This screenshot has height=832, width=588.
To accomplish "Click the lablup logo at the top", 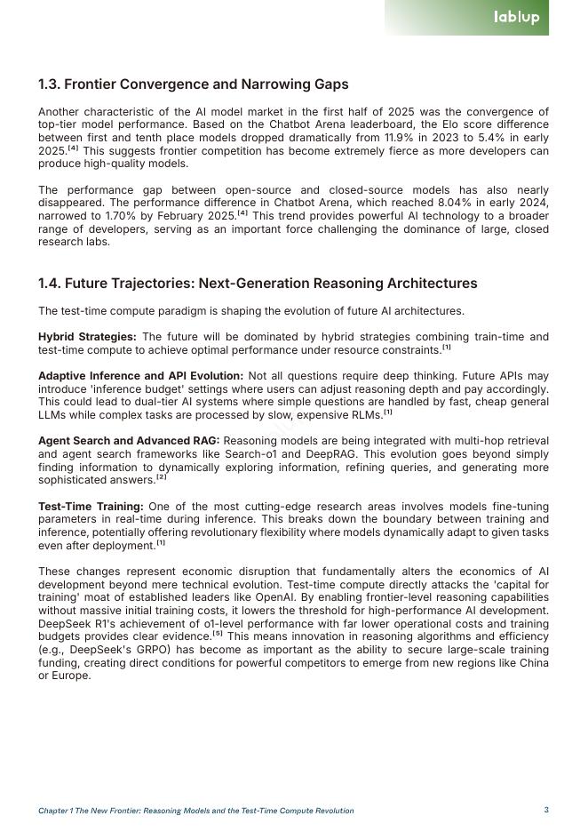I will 516,17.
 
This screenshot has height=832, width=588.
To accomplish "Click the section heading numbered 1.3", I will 193,84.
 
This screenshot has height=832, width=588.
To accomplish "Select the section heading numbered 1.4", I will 258,284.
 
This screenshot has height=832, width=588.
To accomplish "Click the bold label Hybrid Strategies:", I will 87,337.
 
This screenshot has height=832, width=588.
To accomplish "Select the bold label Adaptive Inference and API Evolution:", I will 140,376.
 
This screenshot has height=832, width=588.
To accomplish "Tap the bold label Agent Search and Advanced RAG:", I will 128,441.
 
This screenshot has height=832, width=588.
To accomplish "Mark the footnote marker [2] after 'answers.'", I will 161,478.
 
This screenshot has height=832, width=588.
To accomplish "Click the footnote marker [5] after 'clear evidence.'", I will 218,635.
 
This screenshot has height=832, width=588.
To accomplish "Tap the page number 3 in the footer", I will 546,810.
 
